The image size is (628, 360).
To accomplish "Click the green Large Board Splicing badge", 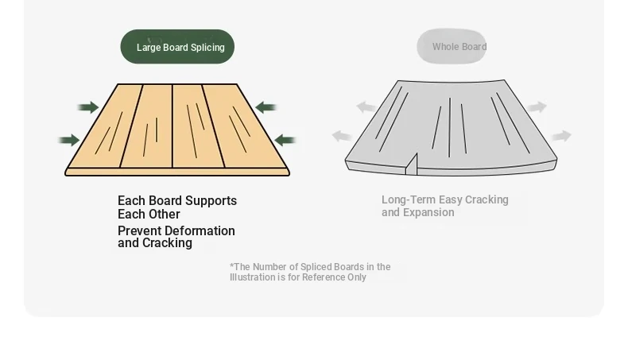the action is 177,46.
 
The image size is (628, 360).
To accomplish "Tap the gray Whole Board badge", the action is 452,46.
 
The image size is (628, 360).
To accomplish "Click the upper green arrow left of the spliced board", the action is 88,107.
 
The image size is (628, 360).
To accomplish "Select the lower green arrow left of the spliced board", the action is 69,140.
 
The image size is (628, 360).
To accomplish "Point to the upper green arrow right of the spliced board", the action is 266,107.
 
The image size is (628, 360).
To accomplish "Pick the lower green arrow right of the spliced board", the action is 285,140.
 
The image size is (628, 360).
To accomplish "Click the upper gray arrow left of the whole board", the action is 366,107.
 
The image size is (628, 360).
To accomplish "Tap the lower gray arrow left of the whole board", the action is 342,136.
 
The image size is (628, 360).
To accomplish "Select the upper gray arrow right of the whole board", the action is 537,107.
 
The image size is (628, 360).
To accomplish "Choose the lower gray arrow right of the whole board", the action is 561,136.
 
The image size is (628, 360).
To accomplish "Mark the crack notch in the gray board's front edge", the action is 411,165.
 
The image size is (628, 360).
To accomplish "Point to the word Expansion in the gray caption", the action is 428,212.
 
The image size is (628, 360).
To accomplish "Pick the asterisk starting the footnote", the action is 231,265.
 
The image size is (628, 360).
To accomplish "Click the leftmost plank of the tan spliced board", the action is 105,126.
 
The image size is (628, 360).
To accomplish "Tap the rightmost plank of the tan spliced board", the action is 245,126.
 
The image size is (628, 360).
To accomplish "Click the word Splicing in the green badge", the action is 207,47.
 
